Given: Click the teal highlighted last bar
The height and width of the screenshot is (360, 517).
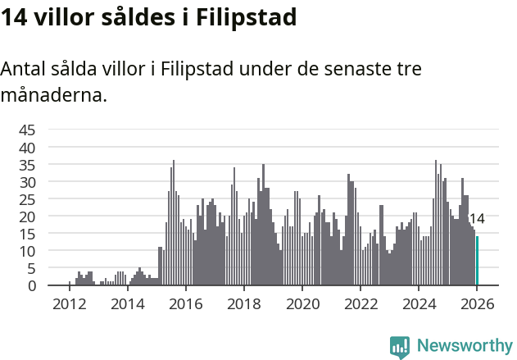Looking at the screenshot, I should [x=477, y=261].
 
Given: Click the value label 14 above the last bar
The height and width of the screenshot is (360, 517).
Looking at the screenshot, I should [x=476, y=219].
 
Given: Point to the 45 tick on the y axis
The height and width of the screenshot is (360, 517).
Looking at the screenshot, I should [x=27, y=130].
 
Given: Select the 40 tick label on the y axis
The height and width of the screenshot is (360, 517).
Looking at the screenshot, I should [x=27, y=148].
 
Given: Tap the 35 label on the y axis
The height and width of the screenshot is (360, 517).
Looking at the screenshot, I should [x=27, y=165].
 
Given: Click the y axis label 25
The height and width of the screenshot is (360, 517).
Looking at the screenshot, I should [x=27, y=199].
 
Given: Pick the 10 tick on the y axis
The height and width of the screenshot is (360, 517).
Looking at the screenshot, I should [x=27, y=251].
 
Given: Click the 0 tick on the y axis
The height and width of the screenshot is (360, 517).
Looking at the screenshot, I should [x=32, y=285].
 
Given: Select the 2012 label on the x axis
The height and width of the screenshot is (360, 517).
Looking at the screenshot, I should [x=69, y=304].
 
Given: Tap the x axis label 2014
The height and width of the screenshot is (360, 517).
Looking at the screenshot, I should [x=127, y=304].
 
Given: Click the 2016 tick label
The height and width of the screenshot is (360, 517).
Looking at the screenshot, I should [x=185, y=304].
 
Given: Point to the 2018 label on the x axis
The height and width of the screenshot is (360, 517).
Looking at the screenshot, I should [x=243, y=304].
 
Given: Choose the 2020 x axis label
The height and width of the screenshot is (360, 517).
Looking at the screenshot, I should [x=302, y=304].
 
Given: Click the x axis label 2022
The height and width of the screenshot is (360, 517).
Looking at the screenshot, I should [x=360, y=304].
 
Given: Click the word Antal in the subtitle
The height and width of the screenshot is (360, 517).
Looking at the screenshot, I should [x=25, y=69].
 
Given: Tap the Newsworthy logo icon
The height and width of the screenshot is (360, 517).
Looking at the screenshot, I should [x=400, y=346].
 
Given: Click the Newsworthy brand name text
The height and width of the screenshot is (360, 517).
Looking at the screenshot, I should [x=465, y=346].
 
